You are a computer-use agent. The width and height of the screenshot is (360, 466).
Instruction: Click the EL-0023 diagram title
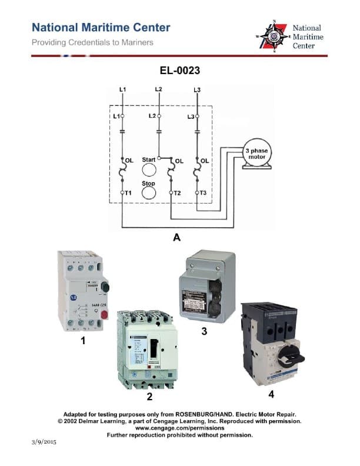pos(180,71)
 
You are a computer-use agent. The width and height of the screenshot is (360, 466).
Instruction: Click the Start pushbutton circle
pos(149,170)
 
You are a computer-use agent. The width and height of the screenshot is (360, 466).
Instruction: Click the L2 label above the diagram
pos(158,89)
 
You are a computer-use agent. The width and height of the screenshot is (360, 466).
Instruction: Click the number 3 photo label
pos(204,332)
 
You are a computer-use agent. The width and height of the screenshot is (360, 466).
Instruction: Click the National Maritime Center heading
pos(101,28)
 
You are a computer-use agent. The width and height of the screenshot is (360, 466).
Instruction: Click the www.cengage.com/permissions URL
pos(179,428)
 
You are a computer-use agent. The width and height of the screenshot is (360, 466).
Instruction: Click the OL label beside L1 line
pos(129,160)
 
